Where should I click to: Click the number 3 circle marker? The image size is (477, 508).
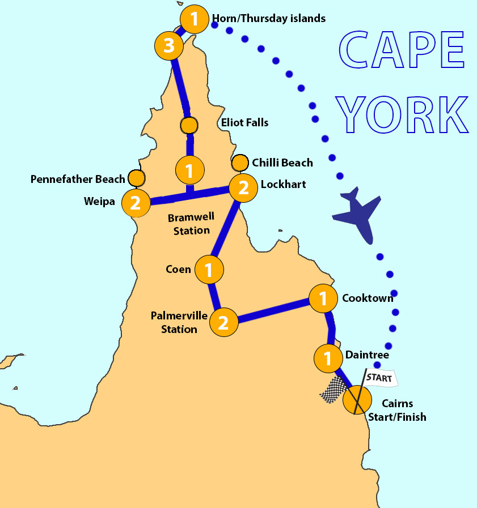[169, 46]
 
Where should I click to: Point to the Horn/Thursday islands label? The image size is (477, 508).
[268, 19]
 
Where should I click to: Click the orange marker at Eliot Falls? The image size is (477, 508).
[189, 125]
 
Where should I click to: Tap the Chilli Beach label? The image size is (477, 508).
[282, 163]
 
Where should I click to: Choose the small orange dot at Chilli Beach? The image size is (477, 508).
[240, 163]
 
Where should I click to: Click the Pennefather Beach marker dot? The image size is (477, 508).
[136, 178]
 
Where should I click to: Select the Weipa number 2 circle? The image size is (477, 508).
[136, 203]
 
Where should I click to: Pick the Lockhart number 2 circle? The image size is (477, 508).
[243, 187]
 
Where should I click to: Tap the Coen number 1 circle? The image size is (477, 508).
[209, 270]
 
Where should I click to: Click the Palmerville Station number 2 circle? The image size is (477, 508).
[223, 323]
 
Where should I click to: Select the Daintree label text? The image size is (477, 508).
[367, 355]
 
